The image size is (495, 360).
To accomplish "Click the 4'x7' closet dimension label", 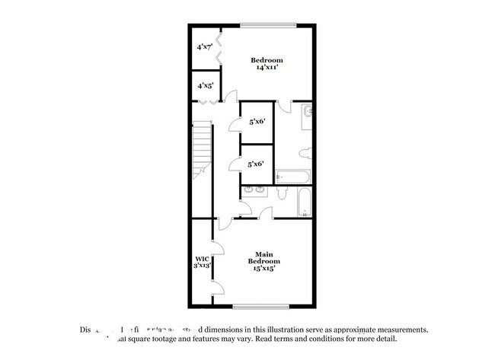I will pos(204,47).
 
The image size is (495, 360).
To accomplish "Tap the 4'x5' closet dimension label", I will pos(204,86).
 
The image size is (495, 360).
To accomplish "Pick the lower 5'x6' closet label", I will pos(256,164).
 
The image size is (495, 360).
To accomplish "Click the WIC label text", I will pos(201,258).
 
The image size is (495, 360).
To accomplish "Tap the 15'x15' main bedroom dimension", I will pos(263,268).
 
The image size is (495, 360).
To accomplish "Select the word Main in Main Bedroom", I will pos(263,254).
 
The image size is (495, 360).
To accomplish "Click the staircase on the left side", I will pos(200,149).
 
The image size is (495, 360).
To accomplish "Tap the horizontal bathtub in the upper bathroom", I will pos(292,177).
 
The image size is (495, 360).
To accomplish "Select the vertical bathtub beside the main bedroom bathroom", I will pos(303,202).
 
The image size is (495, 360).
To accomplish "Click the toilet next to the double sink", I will pos(280,192).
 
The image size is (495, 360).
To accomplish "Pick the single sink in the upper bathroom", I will pos(306,113).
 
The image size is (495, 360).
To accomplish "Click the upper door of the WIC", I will pos(216,245).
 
